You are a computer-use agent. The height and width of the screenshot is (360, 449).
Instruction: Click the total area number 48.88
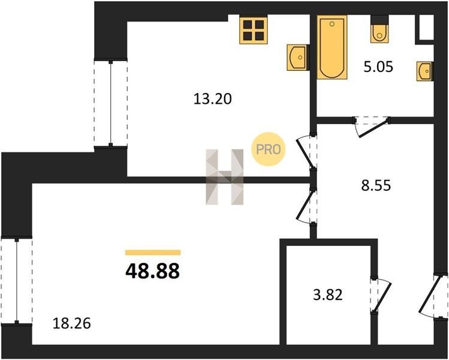(153, 271)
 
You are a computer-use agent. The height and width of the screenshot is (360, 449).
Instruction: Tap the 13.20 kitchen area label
(212, 99)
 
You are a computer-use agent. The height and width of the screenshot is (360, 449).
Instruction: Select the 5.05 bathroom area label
(378, 67)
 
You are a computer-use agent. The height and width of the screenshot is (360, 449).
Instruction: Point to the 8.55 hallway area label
(376, 185)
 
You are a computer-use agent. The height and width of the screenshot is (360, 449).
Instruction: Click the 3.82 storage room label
(328, 295)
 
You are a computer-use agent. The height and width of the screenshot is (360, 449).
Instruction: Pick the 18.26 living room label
(72, 323)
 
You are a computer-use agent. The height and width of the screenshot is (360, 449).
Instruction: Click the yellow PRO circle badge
(269, 149)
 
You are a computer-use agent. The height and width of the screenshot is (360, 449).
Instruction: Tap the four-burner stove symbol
(254, 30)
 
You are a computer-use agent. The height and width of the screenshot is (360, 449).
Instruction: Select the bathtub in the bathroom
(332, 47)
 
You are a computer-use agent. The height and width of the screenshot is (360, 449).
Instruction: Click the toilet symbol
(379, 29)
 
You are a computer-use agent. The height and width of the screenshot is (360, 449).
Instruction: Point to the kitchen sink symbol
(298, 58)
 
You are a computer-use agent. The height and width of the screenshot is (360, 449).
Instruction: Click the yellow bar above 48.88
(153, 252)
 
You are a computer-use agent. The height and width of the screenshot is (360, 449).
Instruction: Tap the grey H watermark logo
(224, 177)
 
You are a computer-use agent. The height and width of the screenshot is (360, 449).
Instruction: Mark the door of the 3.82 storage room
(381, 295)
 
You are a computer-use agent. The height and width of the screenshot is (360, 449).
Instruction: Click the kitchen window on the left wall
(111, 103)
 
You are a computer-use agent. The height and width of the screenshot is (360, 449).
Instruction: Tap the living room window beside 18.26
(17, 281)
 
